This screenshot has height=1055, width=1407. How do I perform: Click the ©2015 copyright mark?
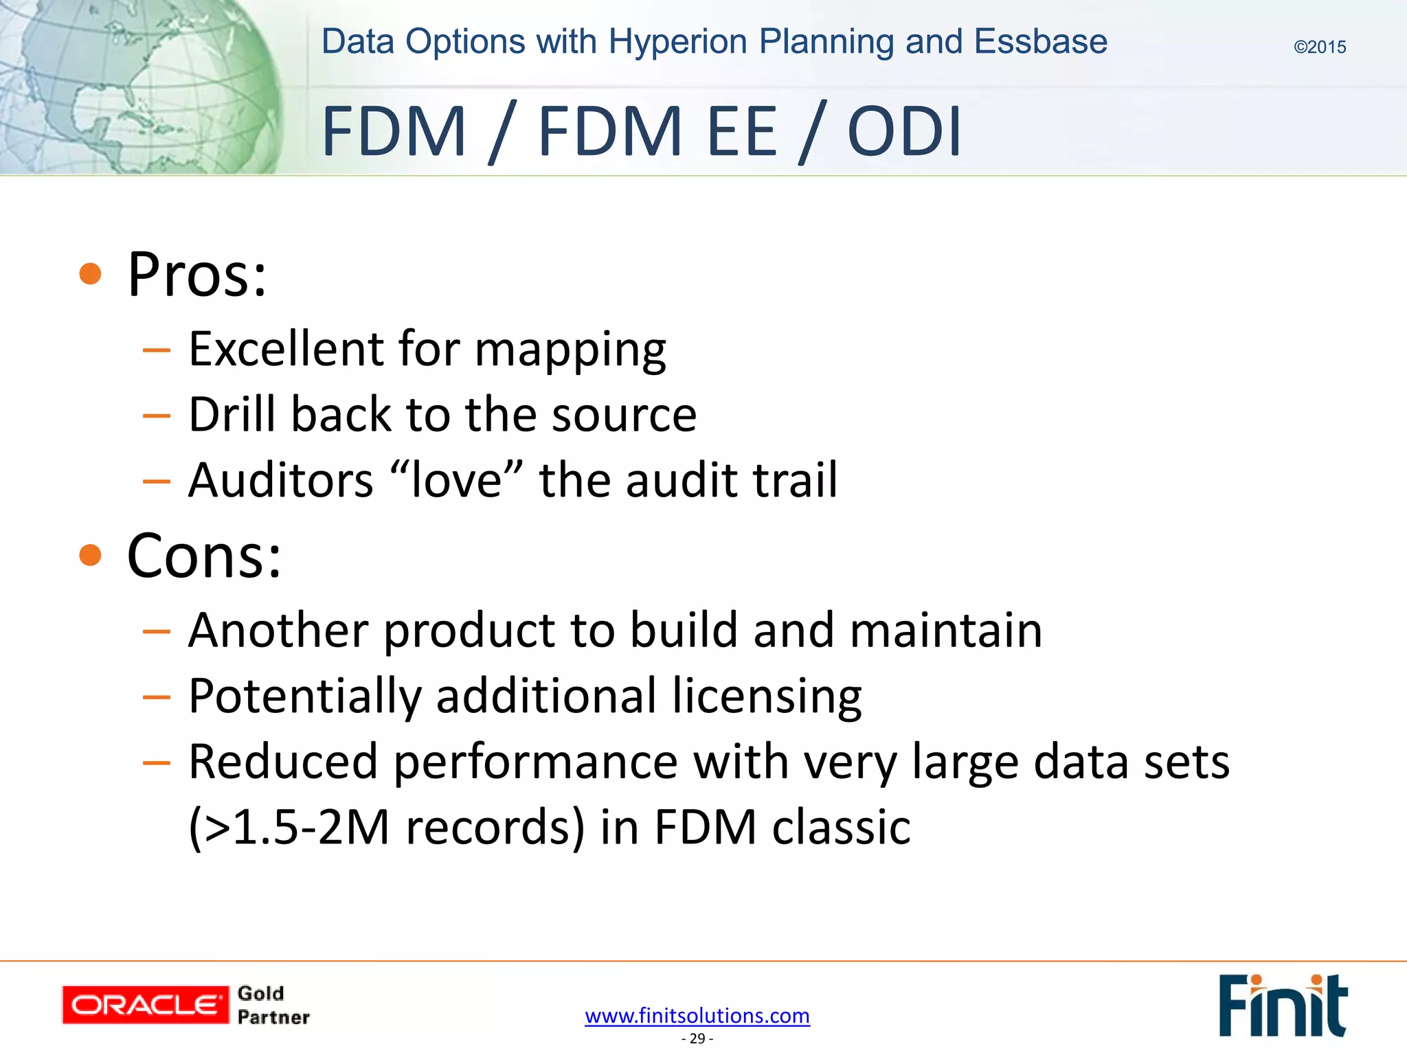1319,47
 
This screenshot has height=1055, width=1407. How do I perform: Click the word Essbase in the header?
1040,42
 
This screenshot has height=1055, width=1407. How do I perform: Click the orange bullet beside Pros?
90,274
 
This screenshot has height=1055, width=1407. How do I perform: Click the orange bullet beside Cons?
90,555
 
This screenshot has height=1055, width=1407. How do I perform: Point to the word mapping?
570,350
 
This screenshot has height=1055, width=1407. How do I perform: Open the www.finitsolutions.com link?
697,1015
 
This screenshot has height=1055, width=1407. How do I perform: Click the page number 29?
697,1039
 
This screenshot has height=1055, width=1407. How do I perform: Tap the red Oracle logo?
145,1005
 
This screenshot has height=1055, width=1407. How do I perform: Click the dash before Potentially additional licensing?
156,697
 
